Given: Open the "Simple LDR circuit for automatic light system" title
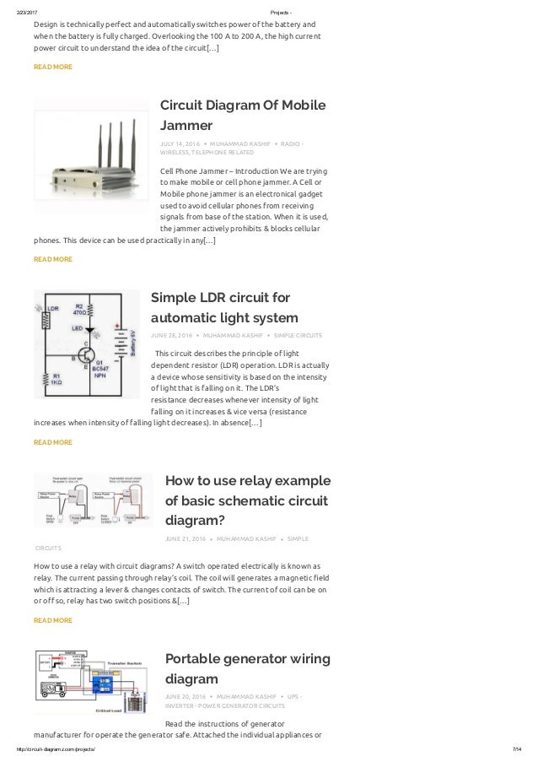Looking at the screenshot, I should (x=223, y=308).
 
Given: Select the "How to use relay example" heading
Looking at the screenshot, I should (x=247, y=480).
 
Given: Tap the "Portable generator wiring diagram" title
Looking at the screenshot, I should (x=247, y=667).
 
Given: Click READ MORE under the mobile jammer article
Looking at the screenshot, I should (x=52, y=259).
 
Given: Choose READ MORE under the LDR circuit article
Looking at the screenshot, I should (x=52, y=442).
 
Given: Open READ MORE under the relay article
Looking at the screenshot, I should (x=52, y=620).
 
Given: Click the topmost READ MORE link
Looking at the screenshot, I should (x=52, y=67).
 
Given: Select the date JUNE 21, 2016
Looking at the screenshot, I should (x=186, y=538).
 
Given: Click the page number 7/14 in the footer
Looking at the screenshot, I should (x=518, y=749).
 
